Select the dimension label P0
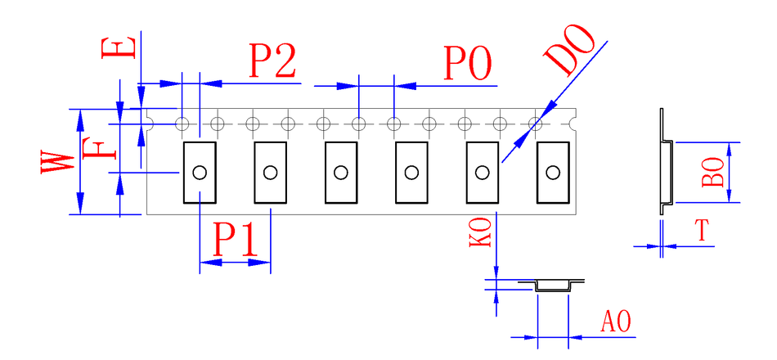[x=468, y=63]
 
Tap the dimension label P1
[x=236, y=240]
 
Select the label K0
[x=481, y=232]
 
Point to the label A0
[x=616, y=322]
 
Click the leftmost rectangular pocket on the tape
[x=200, y=172]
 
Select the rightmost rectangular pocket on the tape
[x=553, y=172]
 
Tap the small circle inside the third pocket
[x=341, y=172]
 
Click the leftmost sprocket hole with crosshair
[x=182, y=124]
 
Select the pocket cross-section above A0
[x=553, y=285]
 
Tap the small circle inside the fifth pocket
[x=483, y=172]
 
